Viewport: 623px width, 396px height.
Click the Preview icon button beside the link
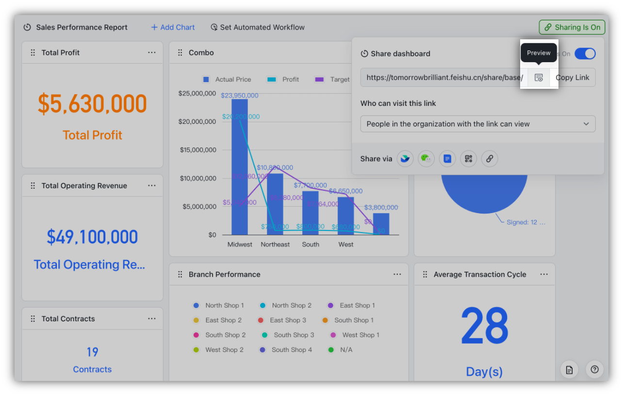(539, 78)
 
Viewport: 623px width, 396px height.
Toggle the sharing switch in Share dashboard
(585, 54)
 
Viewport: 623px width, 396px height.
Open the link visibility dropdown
(477, 124)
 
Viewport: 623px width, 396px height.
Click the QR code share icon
(468, 159)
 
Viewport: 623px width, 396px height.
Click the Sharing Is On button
(573, 27)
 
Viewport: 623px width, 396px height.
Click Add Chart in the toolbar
(173, 27)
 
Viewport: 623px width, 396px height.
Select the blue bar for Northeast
(275, 204)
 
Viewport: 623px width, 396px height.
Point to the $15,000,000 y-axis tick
(197, 150)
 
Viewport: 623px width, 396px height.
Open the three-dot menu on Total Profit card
(152, 52)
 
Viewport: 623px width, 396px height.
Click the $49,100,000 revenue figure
(92, 237)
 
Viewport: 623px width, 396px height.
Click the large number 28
(484, 326)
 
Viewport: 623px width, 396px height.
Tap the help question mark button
(594, 369)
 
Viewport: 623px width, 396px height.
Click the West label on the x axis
(346, 245)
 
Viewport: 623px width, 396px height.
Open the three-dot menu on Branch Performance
(397, 274)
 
